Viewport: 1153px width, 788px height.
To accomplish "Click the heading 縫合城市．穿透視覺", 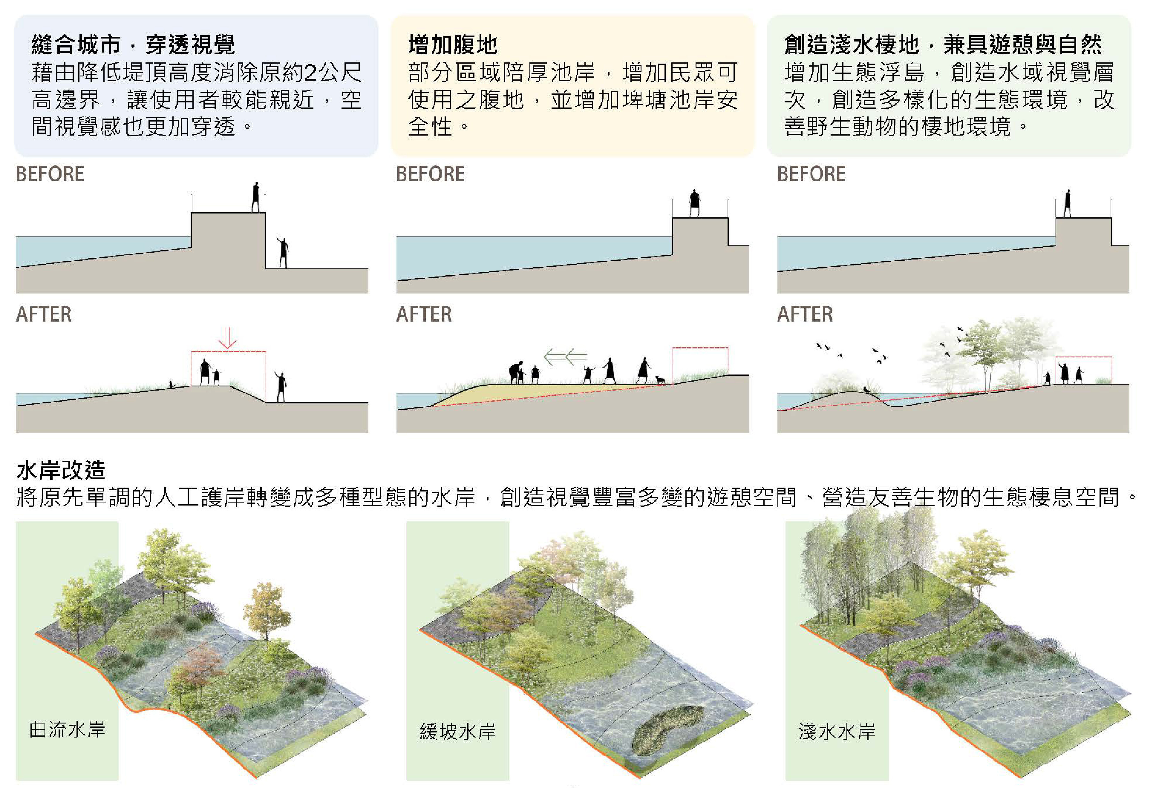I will pyautogui.click(x=133, y=44).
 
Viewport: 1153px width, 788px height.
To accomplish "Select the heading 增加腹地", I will pyautogui.click(x=452, y=44).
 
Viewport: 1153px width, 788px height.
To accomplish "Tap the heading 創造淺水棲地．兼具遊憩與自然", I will pyautogui.click(x=943, y=44).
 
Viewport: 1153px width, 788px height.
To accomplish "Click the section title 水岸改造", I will pyautogui.click(x=61, y=470).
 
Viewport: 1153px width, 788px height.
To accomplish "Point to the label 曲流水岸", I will pyautogui.click(x=68, y=729).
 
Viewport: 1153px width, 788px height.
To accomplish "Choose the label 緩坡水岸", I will pyautogui.click(x=457, y=732).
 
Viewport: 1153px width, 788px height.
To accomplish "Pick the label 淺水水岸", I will pyautogui.click(x=837, y=732).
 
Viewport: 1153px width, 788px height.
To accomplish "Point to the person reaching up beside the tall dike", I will pyautogui.click(x=283, y=252).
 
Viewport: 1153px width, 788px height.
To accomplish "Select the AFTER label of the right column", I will pyautogui.click(x=805, y=314).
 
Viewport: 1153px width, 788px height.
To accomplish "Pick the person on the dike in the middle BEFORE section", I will pyautogui.click(x=695, y=203).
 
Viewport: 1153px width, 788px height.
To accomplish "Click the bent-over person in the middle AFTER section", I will pyautogui.click(x=516, y=372).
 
